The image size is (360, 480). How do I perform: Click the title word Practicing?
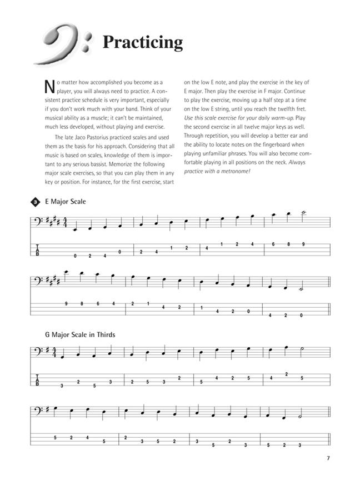pyautogui.click(x=142, y=42)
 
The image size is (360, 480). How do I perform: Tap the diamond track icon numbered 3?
pyautogui.click(x=35, y=201)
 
